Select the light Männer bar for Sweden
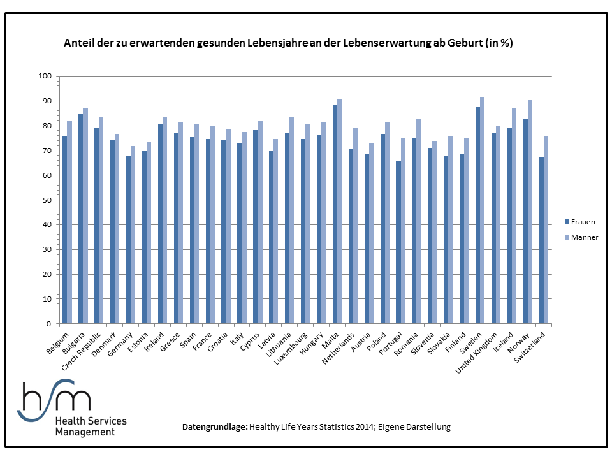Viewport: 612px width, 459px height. pyautogui.click(x=483, y=210)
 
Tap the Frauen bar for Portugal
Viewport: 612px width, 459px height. pyautogui.click(x=398, y=242)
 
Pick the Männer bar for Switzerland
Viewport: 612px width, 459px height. pyautogui.click(x=546, y=230)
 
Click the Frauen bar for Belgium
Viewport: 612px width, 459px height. pyautogui.click(x=65, y=229)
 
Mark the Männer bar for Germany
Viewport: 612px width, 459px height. pyautogui.click(x=133, y=235)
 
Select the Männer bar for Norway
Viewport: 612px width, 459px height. pyautogui.click(x=530, y=212)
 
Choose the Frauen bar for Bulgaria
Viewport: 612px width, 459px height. pyautogui.click(x=80, y=219)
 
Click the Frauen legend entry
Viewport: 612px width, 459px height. pyautogui.click(x=580, y=222)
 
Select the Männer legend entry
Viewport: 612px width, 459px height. pyautogui.click(x=581, y=237)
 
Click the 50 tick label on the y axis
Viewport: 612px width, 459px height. pyautogui.click(x=47, y=200)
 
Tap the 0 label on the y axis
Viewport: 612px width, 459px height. pyautogui.click(x=49, y=324)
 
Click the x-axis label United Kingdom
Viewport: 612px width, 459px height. pyautogui.click(x=477, y=353)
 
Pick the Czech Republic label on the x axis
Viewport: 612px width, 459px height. pyautogui.click(x=82, y=351)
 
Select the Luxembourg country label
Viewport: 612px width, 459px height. pyautogui.click(x=291, y=349)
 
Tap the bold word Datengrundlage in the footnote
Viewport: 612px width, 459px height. pyautogui.click(x=215, y=427)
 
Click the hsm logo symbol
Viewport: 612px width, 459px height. pyautogui.click(x=54, y=400)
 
